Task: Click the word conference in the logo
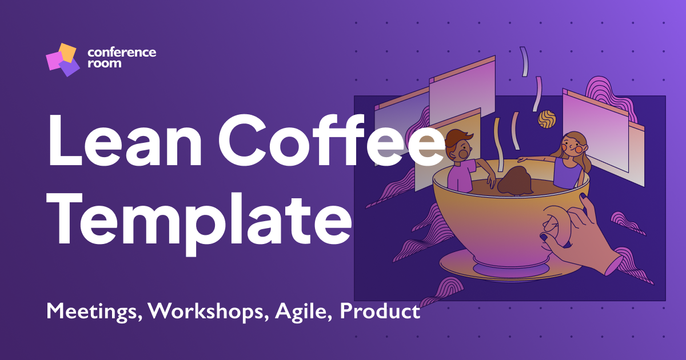tap(122, 52)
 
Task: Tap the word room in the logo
tap(104, 63)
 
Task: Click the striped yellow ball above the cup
tap(547, 118)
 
